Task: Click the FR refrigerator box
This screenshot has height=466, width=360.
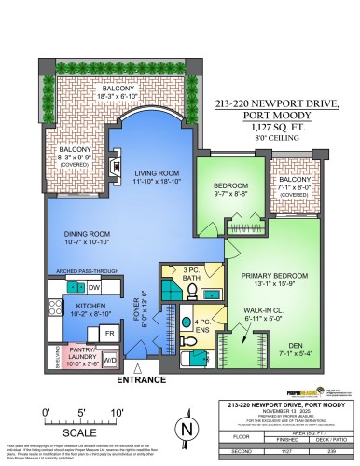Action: pos(108,332)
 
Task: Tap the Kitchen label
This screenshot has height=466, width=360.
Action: pos(67,309)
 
